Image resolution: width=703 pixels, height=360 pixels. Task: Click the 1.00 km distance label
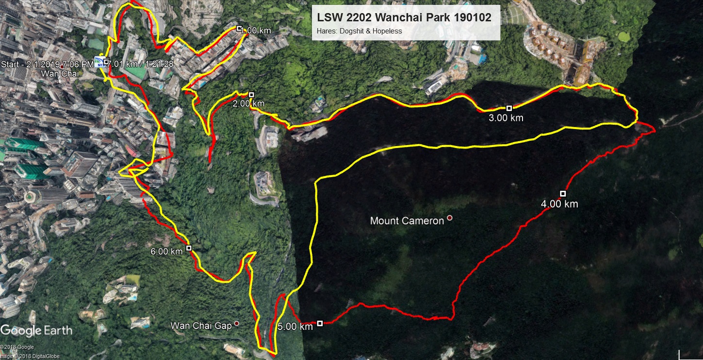point(256,31)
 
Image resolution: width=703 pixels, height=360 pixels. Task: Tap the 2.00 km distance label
point(248,103)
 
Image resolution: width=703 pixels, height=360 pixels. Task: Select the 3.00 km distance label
point(507,118)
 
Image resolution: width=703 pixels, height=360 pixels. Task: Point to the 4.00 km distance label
point(559,204)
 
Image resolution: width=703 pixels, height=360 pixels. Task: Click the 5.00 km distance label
point(295,327)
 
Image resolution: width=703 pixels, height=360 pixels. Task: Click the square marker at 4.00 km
point(563,194)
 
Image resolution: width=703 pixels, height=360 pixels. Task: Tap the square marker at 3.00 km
point(509,108)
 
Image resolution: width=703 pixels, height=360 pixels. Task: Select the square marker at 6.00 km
point(189,248)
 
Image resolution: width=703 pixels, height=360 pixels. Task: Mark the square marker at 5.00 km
point(320,323)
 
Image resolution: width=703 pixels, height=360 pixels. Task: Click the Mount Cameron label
point(407,221)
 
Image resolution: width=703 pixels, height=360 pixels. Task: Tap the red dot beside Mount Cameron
point(450,218)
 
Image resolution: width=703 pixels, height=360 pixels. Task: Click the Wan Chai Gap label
point(201,326)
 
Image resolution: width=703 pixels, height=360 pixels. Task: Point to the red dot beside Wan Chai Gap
point(237,323)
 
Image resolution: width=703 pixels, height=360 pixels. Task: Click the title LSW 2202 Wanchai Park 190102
point(404,17)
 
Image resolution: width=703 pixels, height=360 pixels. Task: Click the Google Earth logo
point(36,331)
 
